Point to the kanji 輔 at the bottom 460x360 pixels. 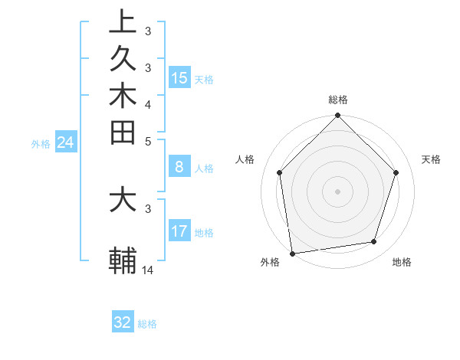[x=123, y=261]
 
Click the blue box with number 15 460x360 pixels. [x=179, y=77]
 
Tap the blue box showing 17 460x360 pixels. [x=179, y=231]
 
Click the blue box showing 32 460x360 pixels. [x=123, y=322]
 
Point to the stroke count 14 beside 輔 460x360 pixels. [x=148, y=270]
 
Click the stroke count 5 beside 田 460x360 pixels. [x=148, y=141]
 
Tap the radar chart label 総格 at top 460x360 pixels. [x=338, y=100]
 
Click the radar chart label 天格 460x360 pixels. [x=432, y=159]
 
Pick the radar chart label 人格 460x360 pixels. [x=245, y=159]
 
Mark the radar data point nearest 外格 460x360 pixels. [x=292, y=253]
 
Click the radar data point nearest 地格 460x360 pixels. [x=374, y=242]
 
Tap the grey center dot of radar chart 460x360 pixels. [x=338, y=191]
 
